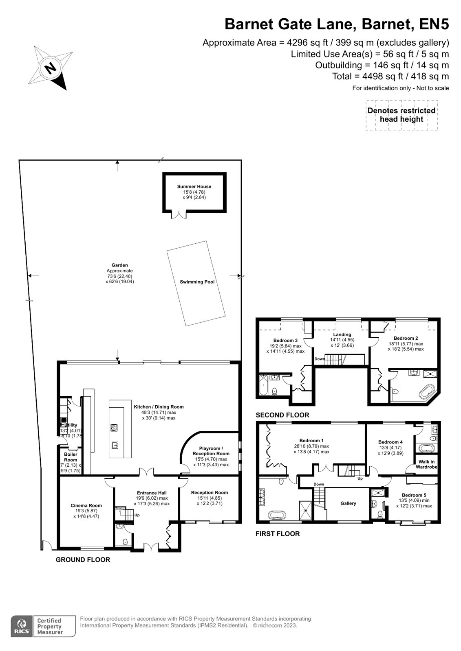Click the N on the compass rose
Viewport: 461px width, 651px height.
pos(51,68)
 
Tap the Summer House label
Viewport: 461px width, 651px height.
pos(194,187)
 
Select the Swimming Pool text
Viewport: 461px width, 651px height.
pos(197,282)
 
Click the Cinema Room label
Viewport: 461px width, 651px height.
pos(86,505)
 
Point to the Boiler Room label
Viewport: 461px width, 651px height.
pos(71,457)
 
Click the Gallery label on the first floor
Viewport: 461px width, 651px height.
pos(348,503)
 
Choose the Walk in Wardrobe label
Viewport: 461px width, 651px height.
pos(426,464)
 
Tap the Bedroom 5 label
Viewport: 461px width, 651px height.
pos(414,495)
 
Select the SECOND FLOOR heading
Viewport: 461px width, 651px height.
pos(282,415)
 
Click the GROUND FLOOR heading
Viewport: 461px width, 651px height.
pos(83,559)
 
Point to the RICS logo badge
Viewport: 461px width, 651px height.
pos(21,626)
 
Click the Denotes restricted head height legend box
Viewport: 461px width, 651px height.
pos(401,115)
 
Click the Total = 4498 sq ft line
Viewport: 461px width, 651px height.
pos(390,76)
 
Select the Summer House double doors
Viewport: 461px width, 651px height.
pos(178,214)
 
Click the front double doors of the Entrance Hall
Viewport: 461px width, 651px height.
pos(151,547)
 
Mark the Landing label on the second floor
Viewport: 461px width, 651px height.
pos(342,334)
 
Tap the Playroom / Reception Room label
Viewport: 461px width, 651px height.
pos(211,451)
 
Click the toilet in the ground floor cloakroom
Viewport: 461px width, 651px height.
pos(125,541)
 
